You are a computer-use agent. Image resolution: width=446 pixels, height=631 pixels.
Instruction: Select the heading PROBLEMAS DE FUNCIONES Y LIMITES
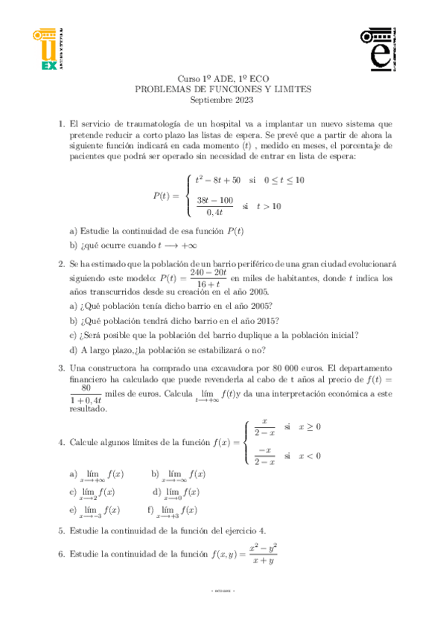point(223,89)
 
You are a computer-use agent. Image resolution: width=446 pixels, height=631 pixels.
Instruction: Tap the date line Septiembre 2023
point(222,99)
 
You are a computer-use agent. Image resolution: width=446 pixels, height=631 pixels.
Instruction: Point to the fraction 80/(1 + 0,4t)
point(86,394)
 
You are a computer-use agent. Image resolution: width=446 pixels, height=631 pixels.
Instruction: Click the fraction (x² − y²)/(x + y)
point(263,554)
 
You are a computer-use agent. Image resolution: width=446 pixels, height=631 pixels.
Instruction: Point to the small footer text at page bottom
point(223,591)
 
